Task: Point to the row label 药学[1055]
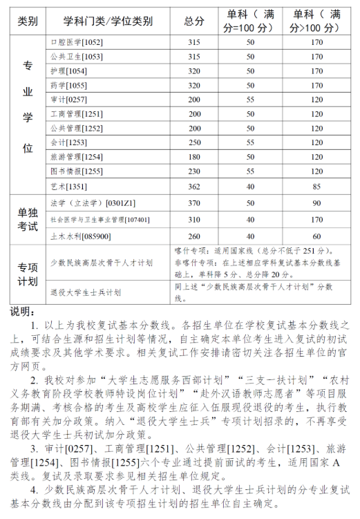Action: click(69, 85)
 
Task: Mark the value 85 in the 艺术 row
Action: click(316, 186)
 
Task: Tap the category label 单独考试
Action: click(28, 220)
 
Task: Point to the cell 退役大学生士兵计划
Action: click(86, 292)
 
